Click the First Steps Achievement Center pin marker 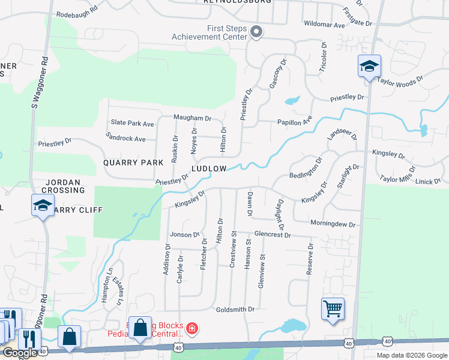(256, 32)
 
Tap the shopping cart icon (332, 310)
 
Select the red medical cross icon (191, 328)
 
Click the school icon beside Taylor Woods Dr (369, 66)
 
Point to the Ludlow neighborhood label (209, 169)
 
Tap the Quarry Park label (133, 163)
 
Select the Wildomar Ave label (324, 25)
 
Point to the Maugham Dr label (193, 118)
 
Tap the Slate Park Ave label (132, 124)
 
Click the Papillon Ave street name (295, 121)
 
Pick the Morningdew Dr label (333, 224)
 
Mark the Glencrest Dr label (272, 235)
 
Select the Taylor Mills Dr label (397, 178)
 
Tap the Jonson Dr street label (184, 235)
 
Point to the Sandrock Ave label (125, 139)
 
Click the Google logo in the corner (20, 353)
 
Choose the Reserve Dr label (310, 259)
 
